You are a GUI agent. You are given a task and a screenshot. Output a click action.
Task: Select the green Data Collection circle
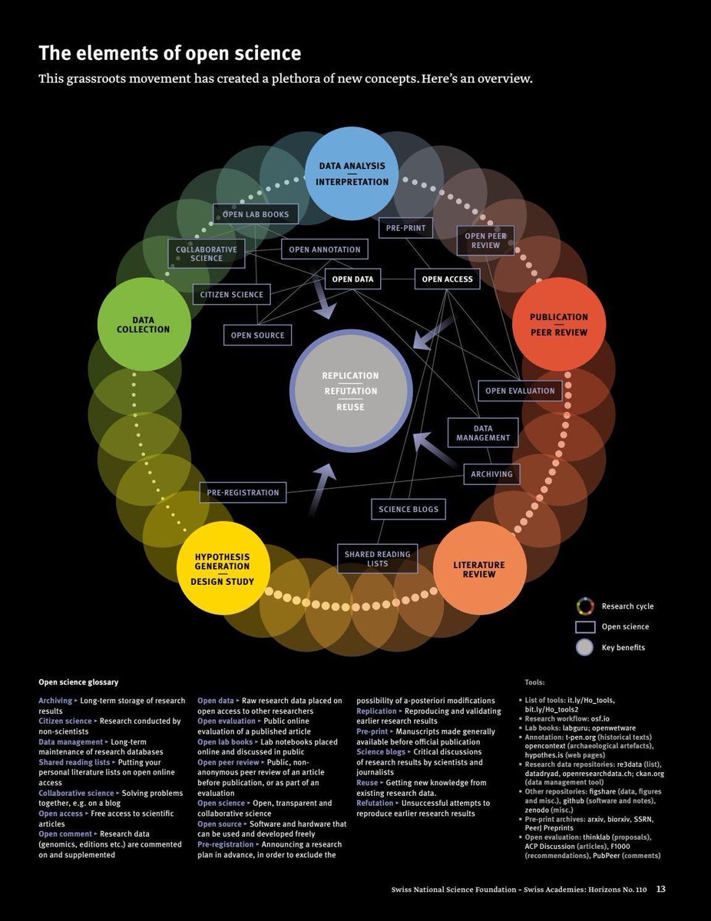(x=144, y=324)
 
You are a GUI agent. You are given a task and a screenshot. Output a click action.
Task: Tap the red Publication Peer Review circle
(x=559, y=324)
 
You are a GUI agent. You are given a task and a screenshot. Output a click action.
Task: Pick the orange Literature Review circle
(x=479, y=569)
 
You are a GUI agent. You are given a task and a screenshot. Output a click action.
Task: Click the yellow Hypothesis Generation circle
(x=223, y=569)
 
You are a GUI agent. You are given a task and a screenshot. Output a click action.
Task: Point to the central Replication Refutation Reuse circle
(x=350, y=391)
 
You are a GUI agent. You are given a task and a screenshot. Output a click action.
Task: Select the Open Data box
(x=353, y=279)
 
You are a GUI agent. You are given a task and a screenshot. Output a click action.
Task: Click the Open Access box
(x=448, y=279)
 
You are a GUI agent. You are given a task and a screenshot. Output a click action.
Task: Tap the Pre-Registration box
(x=243, y=492)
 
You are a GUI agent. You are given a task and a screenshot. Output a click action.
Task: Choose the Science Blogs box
(x=408, y=509)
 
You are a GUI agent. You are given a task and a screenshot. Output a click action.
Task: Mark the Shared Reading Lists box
(x=377, y=559)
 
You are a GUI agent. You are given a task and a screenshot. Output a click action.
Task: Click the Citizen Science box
(x=232, y=294)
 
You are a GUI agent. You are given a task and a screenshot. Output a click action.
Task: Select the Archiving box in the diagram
(x=491, y=474)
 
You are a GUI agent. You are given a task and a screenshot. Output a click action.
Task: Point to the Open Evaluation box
(x=520, y=391)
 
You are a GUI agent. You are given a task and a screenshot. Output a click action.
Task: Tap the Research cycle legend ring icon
(x=585, y=606)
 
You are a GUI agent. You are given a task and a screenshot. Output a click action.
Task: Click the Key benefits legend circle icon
(x=585, y=647)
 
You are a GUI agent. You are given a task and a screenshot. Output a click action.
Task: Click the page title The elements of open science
(x=170, y=54)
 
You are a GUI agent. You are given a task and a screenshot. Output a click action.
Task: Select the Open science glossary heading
(x=78, y=682)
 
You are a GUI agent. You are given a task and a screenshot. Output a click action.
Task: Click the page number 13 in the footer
(x=660, y=890)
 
